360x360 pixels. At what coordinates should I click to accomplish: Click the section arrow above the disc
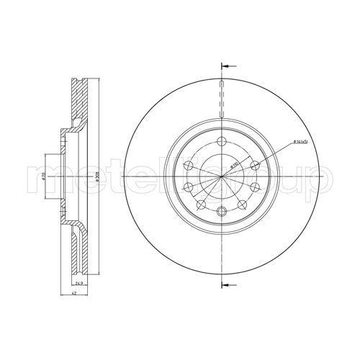point(228,66)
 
